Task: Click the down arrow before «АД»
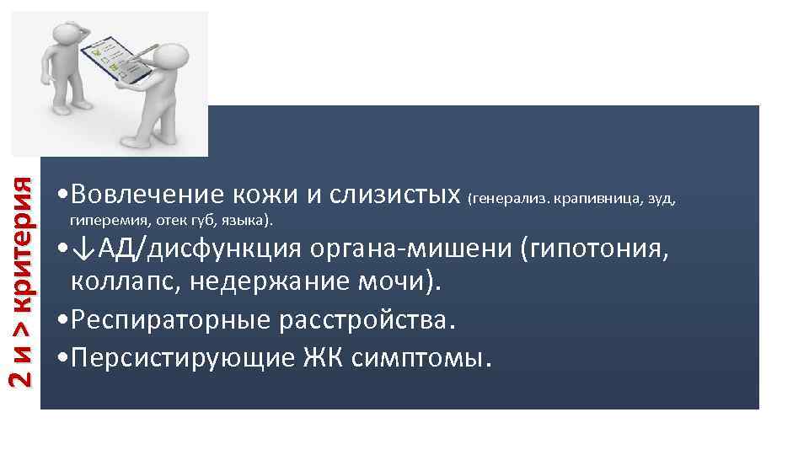[82, 250]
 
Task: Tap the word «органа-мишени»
[410, 250]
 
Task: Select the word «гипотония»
[597, 250]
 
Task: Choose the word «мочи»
[405, 282]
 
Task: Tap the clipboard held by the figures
[113, 52]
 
